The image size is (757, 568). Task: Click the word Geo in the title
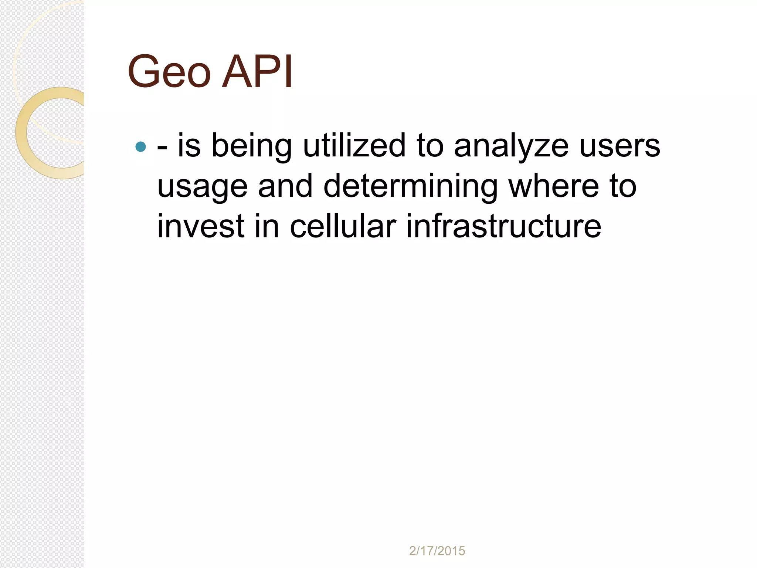169,72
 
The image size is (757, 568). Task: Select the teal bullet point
141,147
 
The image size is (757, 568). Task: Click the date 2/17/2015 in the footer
437,551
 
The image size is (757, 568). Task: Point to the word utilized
354,146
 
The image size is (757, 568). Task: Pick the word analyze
511,146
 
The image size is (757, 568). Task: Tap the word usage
202,187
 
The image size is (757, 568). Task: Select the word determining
410,187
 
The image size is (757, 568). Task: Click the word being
251,146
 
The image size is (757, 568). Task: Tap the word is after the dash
189,146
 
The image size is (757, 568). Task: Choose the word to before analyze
430,146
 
